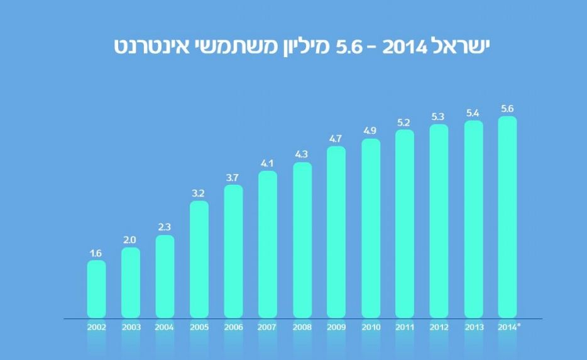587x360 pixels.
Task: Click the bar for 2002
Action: [96, 289]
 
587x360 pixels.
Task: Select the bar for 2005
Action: [199, 259]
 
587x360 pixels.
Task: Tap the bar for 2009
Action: [336, 232]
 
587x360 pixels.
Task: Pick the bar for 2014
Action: [507, 217]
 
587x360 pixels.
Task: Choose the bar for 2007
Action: [268, 244]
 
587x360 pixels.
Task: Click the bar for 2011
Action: [405, 224]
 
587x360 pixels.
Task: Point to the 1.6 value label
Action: [96, 253]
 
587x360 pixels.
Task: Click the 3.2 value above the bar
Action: [199, 193]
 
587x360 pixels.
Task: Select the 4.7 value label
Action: [336, 138]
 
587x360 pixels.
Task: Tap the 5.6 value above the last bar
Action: [507, 109]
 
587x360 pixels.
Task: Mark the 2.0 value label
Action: [131, 240]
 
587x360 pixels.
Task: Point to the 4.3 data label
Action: [302, 155]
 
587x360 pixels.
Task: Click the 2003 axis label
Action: [131, 327]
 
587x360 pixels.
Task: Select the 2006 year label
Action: [233, 327]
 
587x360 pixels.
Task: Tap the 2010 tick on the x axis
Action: [370, 327]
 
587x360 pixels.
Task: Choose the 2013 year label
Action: [473, 327]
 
